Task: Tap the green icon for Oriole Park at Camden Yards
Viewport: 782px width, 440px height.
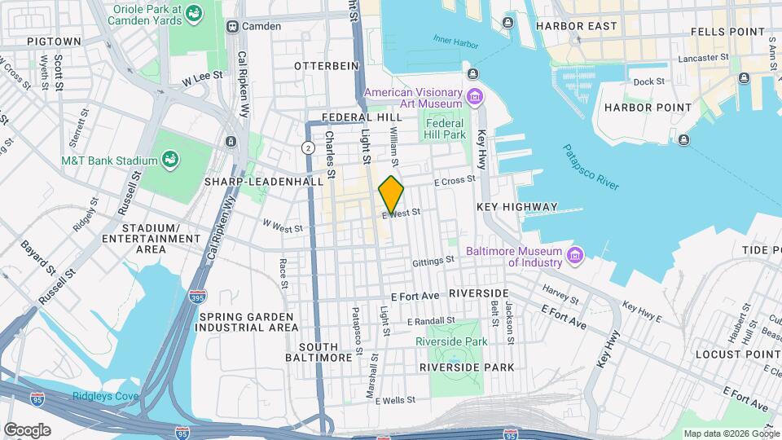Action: tap(193, 13)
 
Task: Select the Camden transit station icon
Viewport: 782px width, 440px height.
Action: tap(232, 26)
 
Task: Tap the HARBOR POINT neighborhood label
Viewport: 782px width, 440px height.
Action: tap(647, 108)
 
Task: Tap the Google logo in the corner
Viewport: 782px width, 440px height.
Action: tap(27, 430)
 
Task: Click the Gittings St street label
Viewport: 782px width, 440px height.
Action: tap(433, 261)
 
